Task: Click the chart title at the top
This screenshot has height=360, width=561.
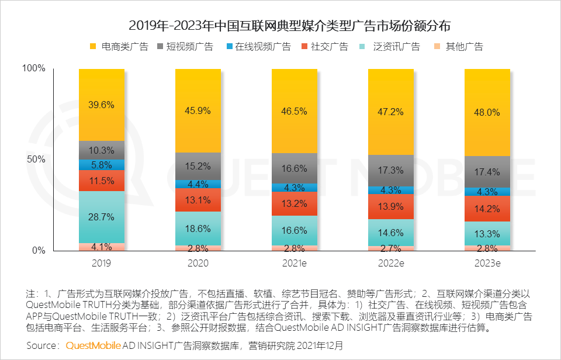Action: tap(289, 26)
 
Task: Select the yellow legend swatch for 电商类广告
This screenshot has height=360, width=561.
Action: tap(93, 47)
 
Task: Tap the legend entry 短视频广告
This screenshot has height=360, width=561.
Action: tap(185, 47)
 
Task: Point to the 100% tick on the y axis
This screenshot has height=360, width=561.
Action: tap(34, 68)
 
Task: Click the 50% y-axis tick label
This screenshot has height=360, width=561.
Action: tap(36, 159)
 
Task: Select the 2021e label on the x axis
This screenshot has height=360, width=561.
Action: tap(295, 264)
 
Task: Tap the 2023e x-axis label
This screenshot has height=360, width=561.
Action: tap(487, 264)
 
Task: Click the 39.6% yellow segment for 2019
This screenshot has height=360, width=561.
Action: tap(102, 105)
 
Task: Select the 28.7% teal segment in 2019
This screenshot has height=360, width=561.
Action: tap(102, 217)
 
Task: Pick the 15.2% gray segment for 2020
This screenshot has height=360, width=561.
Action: tap(198, 167)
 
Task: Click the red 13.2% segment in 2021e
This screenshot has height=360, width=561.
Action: tap(295, 203)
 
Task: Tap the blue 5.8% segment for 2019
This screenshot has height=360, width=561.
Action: tap(102, 165)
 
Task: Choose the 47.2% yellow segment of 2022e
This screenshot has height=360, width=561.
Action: tap(391, 112)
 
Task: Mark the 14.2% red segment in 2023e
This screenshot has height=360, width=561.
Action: tap(487, 209)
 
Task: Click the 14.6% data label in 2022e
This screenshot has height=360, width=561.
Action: tap(391, 233)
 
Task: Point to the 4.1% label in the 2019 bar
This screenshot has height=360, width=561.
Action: tap(102, 247)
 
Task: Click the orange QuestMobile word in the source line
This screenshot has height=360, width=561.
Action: tap(93, 346)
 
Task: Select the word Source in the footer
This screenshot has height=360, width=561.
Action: tap(41, 346)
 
